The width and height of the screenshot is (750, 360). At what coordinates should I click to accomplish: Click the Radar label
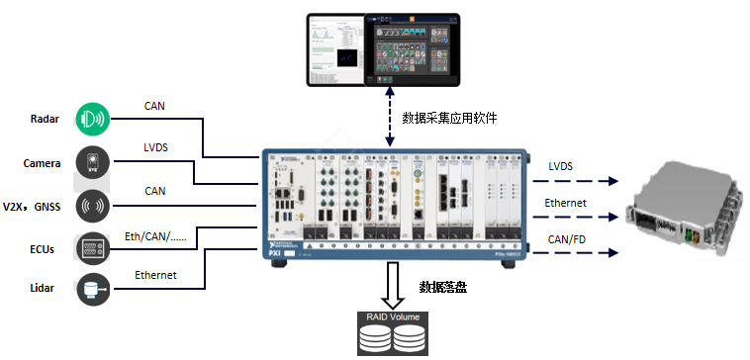click(46, 120)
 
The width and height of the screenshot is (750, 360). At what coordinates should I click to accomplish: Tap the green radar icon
click(92, 119)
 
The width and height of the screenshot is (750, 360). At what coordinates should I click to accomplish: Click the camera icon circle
click(92, 162)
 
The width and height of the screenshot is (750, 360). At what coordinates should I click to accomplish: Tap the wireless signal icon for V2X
click(92, 205)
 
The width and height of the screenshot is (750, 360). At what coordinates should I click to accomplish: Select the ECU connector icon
click(92, 247)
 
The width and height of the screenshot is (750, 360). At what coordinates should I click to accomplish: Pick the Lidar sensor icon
click(92, 288)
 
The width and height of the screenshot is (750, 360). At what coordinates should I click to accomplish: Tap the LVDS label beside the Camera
click(155, 147)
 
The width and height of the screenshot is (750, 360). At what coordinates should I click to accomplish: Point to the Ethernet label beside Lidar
click(155, 275)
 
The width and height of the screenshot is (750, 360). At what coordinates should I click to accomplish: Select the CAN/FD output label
click(567, 238)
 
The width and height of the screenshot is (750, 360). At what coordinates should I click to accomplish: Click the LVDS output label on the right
click(560, 166)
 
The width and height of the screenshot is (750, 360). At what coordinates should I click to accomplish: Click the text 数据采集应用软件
click(449, 118)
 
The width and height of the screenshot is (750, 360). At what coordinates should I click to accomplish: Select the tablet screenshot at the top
click(382, 46)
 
